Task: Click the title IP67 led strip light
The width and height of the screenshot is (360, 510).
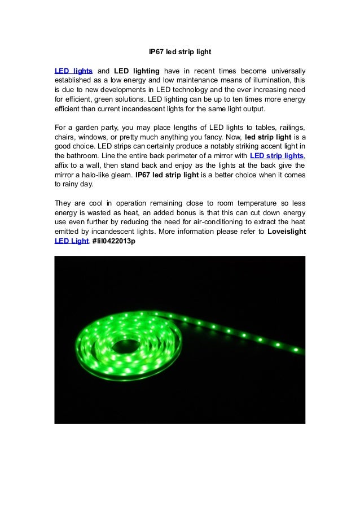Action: tap(179, 52)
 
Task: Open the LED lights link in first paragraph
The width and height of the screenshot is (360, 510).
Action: tap(73, 71)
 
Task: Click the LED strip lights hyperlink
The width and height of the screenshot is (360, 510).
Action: tap(276, 156)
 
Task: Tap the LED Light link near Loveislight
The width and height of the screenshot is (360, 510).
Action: tap(71, 241)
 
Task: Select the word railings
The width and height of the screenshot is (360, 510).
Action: tap(290, 128)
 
